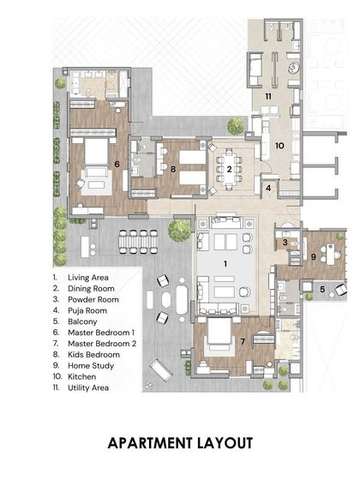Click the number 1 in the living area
click(226, 264)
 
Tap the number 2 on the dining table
click(229, 169)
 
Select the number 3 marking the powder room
click(285, 243)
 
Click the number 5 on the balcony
click(322, 289)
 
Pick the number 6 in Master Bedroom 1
click(117, 162)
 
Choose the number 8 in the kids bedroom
click(173, 169)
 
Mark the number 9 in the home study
click(314, 256)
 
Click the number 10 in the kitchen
click(279, 146)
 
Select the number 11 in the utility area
click(267, 96)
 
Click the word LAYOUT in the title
click(224, 443)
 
